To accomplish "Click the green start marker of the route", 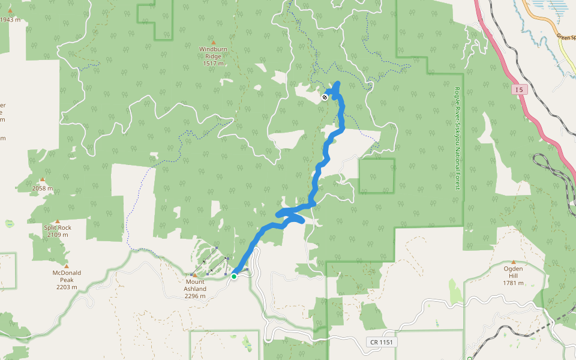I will pos(234,276).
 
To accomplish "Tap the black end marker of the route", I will pos(325,97).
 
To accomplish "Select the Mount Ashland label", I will pos(195,285).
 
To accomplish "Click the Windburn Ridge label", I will pos(213,52).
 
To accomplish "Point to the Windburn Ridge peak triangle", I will pos(213,41).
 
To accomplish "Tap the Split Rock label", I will pos(57,227).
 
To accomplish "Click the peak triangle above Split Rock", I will pos(57,221).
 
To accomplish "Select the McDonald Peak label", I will pos(66,276).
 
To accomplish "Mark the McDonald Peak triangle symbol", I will pos(66,266).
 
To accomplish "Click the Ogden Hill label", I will pos(513,272).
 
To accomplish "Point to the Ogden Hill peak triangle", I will pos(513,262).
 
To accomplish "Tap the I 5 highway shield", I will pos(519,90).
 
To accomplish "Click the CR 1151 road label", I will pos(382,341).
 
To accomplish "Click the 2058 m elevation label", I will pos(43,188).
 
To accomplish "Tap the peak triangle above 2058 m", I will pos(43,179).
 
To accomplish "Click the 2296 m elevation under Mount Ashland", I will pos(195,296).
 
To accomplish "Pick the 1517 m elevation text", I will pos(213,63).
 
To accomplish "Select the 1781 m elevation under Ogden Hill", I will pos(513,283).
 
